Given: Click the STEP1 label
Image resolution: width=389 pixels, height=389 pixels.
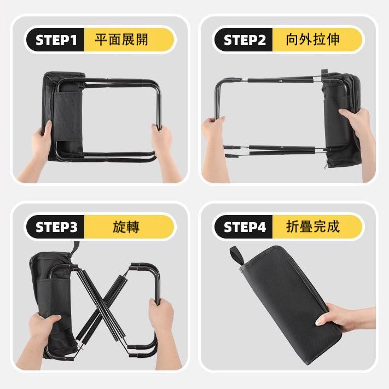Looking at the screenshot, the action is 56,40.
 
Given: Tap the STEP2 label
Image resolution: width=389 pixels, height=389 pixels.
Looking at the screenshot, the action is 245,40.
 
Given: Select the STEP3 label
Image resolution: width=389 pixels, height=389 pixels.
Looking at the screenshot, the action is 56,227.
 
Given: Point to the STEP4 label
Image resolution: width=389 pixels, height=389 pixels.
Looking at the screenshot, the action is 245,227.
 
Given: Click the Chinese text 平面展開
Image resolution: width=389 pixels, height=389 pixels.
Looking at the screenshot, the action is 121,40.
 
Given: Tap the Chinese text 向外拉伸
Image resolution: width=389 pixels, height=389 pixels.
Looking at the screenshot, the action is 312,40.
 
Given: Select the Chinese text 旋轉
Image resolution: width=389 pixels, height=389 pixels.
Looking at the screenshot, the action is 126,227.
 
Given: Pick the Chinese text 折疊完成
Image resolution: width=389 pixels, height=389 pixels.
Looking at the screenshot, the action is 313,227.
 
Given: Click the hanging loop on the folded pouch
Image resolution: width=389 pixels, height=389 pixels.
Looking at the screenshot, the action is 237,256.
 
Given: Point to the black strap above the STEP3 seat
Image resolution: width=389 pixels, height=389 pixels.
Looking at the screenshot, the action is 75,249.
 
